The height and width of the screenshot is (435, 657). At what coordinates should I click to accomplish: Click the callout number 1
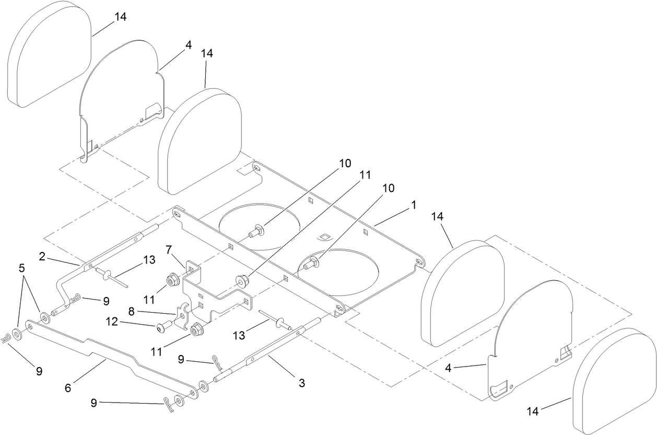point(413,206)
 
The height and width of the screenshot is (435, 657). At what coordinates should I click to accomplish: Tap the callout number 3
point(301,383)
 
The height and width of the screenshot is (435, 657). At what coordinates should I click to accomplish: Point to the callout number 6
point(67,388)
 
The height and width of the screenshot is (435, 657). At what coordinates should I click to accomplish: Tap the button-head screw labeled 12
point(161,328)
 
